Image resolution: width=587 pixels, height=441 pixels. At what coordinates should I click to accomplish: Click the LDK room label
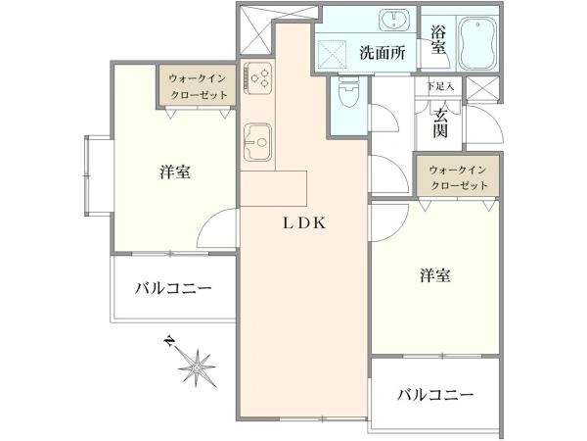pos(304,223)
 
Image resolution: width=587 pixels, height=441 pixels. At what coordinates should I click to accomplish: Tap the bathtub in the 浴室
pos(478,44)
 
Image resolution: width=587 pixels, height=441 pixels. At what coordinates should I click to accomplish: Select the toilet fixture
pos(348,91)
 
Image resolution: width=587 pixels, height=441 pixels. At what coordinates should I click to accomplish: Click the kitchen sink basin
pos(257,142)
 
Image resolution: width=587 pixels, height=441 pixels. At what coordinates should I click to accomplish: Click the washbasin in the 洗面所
pos(393,20)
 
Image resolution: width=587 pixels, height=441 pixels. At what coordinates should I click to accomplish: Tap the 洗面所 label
pos(383,53)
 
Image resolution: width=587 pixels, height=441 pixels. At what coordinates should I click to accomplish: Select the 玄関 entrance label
pos(440,123)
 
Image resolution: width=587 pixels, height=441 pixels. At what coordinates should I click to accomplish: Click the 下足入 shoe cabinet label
pos(440,86)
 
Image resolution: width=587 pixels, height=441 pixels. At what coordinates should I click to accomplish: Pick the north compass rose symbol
pos(198,367)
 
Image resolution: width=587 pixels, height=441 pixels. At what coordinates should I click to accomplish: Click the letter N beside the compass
pos(169,341)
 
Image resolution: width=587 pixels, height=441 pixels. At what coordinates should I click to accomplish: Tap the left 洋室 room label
pos(175,172)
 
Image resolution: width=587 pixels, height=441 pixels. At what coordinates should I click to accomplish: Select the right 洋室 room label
pos(434,275)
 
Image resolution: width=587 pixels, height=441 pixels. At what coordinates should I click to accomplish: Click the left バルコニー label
pos(173,288)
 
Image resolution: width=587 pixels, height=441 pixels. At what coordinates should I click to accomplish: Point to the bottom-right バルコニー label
pos(435,395)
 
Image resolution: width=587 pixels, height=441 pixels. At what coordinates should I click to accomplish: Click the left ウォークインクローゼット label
pos(198,86)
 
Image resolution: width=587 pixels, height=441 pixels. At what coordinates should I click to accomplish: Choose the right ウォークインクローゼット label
pos(459,177)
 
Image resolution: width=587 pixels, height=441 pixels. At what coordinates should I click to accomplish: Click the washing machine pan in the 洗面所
pos(332,54)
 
